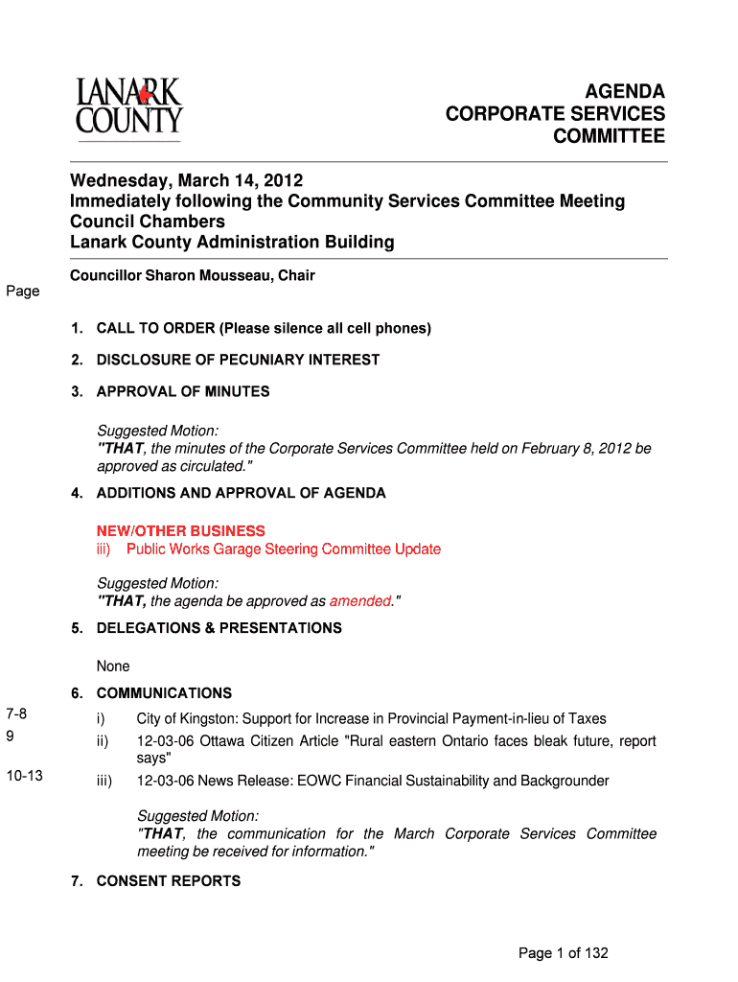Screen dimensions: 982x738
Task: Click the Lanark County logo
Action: click(129, 107)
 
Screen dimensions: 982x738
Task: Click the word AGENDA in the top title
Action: click(625, 92)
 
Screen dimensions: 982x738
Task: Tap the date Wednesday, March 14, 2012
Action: click(186, 180)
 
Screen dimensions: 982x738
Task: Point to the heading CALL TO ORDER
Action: click(156, 329)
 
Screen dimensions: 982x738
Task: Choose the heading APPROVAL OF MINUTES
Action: click(183, 391)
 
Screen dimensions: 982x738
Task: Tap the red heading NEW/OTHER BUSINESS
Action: click(181, 531)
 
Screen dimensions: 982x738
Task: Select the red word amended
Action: click(360, 601)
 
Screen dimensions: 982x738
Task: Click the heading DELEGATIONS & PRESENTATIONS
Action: click(219, 628)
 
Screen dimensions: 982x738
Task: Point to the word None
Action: click(113, 666)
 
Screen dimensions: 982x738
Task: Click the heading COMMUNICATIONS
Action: click(164, 693)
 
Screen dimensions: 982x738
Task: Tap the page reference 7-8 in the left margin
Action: click(17, 713)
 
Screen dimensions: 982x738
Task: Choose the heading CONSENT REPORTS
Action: click(169, 881)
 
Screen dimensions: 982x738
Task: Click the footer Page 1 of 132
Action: click(563, 953)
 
